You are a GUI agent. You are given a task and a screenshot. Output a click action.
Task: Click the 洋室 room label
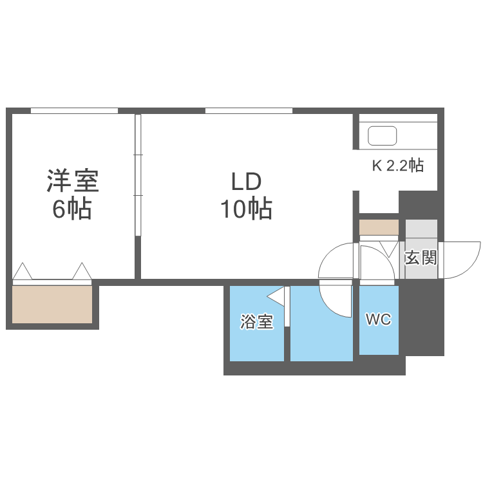(x=72, y=181)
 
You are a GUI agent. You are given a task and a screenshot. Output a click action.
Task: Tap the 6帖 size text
(x=72, y=209)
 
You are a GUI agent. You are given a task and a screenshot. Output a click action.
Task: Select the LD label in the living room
(x=246, y=181)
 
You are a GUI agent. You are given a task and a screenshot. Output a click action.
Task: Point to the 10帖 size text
(x=246, y=209)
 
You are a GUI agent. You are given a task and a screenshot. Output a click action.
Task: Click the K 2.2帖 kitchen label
(x=397, y=166)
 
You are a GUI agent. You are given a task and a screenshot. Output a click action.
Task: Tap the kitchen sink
(x=382, y=136)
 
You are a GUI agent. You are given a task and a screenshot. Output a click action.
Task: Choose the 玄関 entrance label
(x=421, y=258)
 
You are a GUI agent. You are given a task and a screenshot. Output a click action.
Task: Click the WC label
(x=378, y=319)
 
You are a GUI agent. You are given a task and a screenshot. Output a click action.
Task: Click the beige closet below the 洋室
(x=52, y=305)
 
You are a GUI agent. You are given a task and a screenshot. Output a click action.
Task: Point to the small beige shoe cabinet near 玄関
(x=379, y=227)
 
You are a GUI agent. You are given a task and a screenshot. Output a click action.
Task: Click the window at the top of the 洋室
(x=74, y=111)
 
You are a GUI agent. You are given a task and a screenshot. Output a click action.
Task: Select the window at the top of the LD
(x=249, y=111)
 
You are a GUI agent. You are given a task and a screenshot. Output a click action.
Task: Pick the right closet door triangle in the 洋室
(x=82, y=272)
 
